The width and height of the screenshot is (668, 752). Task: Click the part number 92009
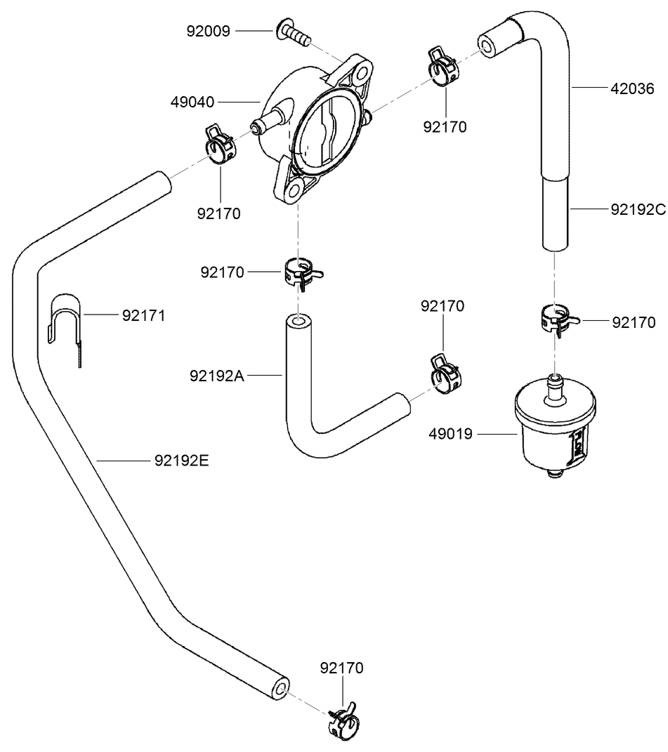pos(209,31)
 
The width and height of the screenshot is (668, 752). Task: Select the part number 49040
pos(192,103)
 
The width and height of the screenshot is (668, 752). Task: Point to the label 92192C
pos(638,209)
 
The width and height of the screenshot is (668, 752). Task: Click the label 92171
pos(143,315)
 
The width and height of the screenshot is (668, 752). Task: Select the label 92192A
pos(216,376)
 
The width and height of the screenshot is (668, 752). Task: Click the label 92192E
pos(182,461)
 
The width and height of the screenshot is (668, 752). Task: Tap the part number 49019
pos(450,435)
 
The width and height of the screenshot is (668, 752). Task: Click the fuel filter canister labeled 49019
pos(554,428)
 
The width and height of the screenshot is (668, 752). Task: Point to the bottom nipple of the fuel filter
pos(555,475)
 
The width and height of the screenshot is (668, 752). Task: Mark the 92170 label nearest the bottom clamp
pos(341,668)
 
